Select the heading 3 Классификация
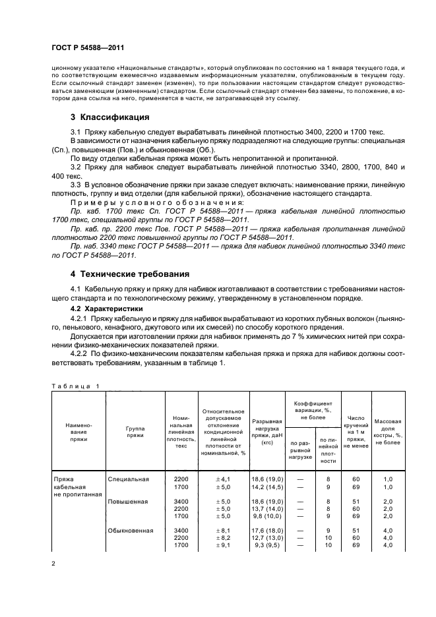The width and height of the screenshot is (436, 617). coord(109,117)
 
